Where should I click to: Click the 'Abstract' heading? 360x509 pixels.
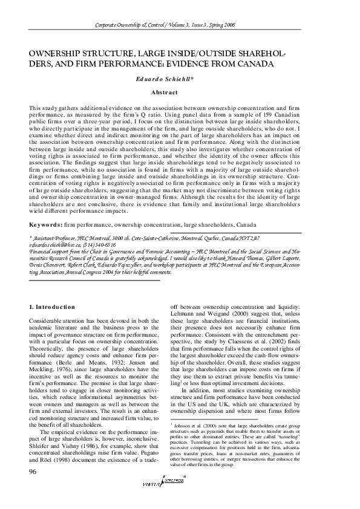tap(164, 92)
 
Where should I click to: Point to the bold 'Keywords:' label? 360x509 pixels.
tap(45, 224)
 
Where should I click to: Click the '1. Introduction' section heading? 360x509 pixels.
tap(52, 307)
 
